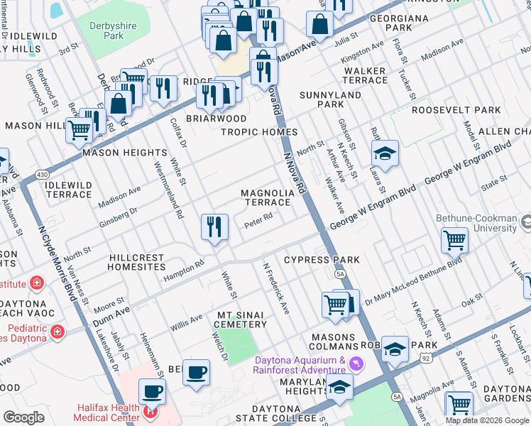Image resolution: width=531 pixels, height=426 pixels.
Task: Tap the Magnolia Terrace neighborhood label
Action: [x=267, y=197]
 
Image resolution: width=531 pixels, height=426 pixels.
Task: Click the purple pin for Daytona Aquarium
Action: [x=356, y=364]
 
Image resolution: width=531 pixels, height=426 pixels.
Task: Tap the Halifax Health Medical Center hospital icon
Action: [x=150, y=412]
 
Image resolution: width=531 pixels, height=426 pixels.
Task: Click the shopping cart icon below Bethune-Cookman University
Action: [x=454, y=240]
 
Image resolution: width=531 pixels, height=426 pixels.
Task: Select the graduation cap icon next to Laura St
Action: [x=385, y=154]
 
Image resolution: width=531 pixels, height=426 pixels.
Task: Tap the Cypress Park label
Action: [x=322, y=260]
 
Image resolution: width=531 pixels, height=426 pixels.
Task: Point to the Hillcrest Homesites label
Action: [x=136, y=263]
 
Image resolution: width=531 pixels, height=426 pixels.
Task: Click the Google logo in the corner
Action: [x=24, y=417]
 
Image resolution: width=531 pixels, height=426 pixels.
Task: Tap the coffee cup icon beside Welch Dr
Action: [x=196, y=372]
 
